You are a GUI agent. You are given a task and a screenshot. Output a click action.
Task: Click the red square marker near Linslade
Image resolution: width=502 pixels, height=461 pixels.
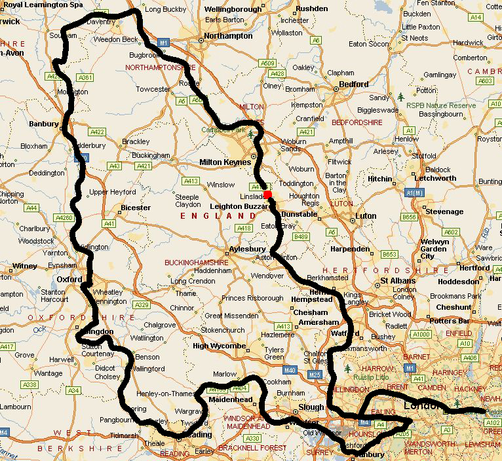[x=267, y=194]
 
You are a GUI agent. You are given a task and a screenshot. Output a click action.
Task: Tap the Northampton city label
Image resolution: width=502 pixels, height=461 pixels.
[x=229, y=36]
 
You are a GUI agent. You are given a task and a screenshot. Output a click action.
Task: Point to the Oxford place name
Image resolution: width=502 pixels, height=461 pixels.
[x=68, y=279]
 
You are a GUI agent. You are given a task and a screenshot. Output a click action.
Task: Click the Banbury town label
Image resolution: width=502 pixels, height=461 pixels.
[x=43, y=122]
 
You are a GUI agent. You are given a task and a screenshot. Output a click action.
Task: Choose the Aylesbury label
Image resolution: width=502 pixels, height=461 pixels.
[x=248, y=249]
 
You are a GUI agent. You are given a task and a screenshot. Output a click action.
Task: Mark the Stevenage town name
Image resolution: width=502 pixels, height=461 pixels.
[x=444, y=212]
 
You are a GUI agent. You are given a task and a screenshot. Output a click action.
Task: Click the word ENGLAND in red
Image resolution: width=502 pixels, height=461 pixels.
[x=210, y=215]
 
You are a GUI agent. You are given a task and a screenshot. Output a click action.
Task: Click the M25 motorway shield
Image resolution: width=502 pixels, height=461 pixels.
[x=314, y=375]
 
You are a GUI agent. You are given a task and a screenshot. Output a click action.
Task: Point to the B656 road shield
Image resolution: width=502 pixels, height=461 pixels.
[x=410, y=217]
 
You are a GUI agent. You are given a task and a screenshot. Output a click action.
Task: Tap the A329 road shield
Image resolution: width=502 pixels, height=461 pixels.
[x=140, y=304]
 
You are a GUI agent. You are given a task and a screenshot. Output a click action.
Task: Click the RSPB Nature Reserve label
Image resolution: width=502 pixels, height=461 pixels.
[x=440, y=105]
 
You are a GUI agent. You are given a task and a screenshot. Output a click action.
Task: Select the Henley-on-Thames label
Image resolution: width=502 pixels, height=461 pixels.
[x=165, y=394]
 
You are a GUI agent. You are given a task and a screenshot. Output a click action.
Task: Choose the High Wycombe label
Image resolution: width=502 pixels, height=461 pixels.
[x=219, y=346]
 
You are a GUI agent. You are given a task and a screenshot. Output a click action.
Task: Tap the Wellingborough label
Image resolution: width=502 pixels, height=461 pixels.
[x=233, y=10]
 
